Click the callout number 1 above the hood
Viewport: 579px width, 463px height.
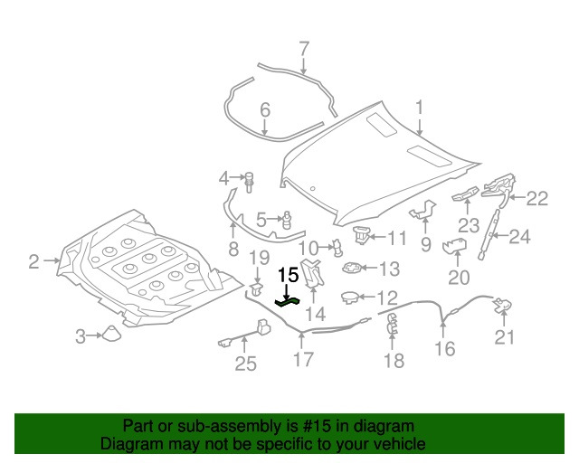point(420,109)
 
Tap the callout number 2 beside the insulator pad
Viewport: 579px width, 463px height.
point(34,262)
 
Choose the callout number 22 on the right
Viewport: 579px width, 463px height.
point(537,198)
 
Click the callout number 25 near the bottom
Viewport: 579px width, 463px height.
point(246,364)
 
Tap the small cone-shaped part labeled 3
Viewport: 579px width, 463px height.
point(110,334)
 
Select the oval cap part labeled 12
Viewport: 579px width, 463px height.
point(351,297)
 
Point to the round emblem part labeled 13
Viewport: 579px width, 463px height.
point(352,268)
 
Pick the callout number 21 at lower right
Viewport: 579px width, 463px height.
point(504,338)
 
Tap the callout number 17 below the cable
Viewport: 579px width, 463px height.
point(303,360)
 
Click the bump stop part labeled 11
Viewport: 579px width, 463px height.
point(363,235)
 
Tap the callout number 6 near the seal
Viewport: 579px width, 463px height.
point(265,110)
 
